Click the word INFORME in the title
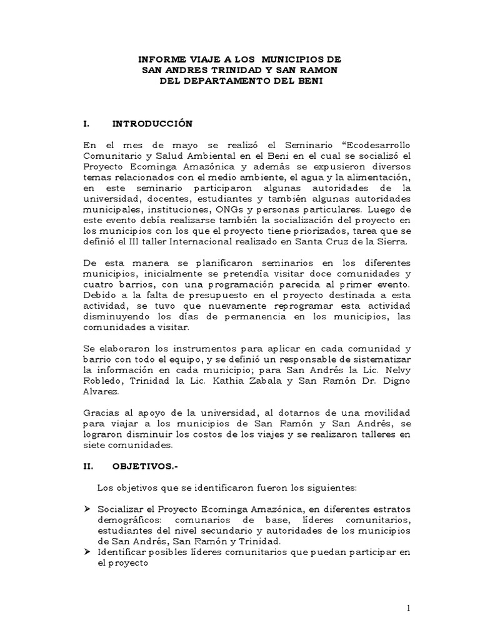pos(159,59)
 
